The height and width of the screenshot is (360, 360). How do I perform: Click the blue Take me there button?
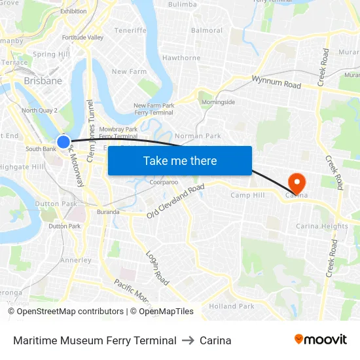[180, 160]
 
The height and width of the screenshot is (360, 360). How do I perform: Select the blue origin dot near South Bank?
[63, 141]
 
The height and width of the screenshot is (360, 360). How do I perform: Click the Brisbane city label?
[43, 81]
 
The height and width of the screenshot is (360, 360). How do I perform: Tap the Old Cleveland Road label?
[175, 202]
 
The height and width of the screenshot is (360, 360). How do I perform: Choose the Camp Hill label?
[247, 196]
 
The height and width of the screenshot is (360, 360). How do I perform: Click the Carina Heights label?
[322, 226]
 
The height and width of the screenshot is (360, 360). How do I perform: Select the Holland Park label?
[232, 306]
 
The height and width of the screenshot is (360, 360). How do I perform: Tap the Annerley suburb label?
[76, 260]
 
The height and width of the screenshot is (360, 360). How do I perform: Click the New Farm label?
[128, 71]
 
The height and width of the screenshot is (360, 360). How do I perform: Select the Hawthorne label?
[181, 58]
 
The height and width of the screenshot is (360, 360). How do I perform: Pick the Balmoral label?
[207, 30]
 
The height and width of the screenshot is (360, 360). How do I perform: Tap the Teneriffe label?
[130, 30]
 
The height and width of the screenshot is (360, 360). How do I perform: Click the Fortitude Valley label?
[82, 37]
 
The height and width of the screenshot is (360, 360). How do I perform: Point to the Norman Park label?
[198, 136]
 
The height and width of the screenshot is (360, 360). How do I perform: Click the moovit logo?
[321, 340]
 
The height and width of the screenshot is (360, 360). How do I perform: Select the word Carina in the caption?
[215, 340]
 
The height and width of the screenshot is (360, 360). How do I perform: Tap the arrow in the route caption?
[188, 340]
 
